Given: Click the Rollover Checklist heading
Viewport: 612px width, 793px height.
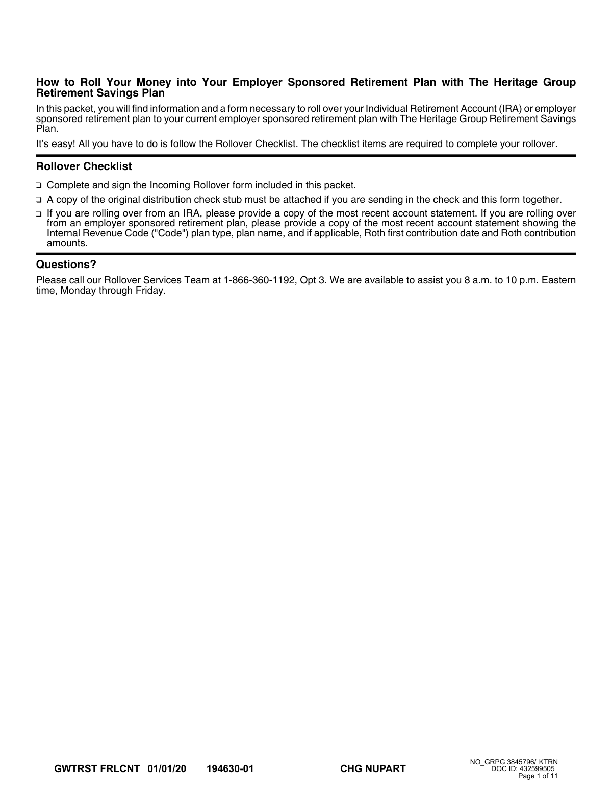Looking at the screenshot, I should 84,166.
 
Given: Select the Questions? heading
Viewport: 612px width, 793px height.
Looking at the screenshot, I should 66,265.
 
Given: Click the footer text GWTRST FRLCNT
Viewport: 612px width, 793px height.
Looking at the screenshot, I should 96,769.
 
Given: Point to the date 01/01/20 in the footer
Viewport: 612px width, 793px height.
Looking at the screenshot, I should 167,769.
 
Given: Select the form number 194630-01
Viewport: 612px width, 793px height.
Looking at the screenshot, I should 230,769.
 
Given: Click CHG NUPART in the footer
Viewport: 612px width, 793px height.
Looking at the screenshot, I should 373,769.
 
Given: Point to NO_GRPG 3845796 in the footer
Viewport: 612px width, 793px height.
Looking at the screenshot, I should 502,762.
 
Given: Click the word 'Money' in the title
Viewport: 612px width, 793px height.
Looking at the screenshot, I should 154,82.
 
